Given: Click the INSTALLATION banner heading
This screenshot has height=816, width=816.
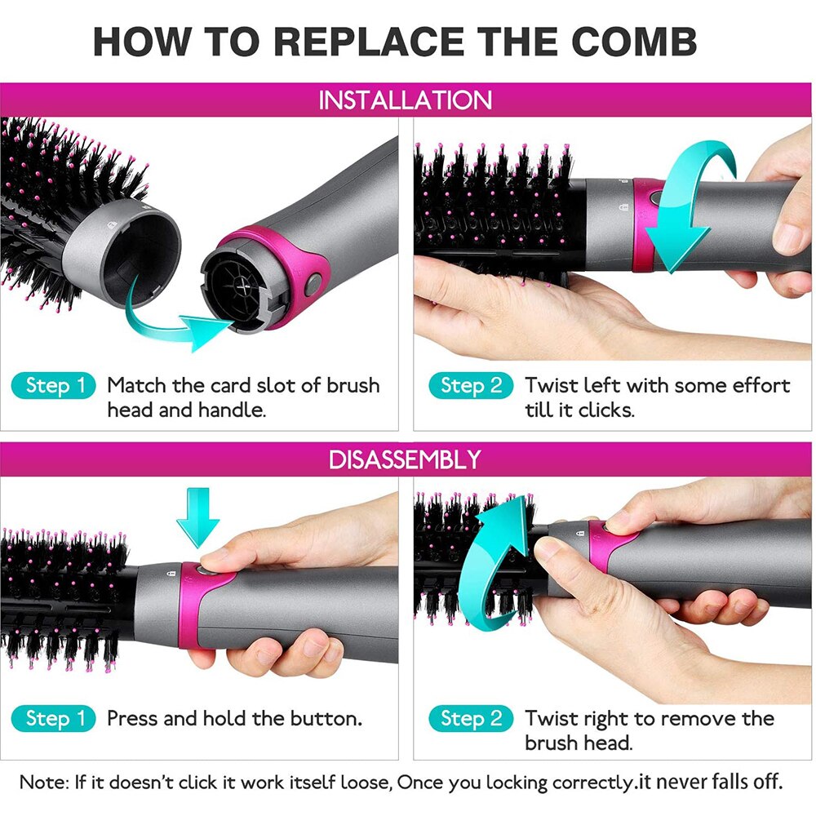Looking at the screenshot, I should point(406,100).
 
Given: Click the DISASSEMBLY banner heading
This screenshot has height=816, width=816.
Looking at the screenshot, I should point(405,459).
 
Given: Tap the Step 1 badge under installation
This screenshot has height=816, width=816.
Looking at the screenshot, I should point(53,386).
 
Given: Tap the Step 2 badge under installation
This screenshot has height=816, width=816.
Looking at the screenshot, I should point(471,386).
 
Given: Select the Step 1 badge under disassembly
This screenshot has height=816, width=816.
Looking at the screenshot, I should point(53,719).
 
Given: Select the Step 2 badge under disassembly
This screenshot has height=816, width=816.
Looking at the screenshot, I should point(471,719).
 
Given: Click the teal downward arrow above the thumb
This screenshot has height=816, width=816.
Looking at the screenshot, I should point(197,516).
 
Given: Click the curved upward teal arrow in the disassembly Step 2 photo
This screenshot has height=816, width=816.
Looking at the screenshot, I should point(490,571).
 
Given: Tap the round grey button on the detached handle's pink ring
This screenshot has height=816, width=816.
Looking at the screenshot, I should point(313,286).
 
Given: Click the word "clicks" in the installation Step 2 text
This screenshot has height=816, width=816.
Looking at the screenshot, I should point(605,410).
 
